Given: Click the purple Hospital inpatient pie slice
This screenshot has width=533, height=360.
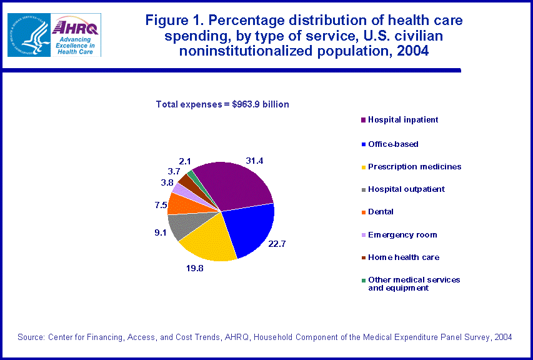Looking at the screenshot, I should (234, 186).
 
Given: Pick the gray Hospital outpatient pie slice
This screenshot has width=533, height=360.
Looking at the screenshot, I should (180, 226).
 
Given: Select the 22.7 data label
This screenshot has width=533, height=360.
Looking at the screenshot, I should (277, 244).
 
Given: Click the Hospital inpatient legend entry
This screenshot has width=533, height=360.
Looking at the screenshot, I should (402, 119).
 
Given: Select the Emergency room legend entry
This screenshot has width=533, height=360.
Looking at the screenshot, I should (402, 234).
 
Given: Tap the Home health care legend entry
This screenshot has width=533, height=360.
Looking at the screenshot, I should (403, 257).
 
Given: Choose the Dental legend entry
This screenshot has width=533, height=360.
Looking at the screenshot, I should (379, 212).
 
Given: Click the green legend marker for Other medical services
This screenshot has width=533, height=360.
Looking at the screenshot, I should (362, 280).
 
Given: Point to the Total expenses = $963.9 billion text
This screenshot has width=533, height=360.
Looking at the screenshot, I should (222, 104).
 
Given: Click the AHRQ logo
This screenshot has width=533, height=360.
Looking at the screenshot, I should (75, 34).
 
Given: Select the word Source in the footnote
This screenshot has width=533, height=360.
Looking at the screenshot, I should (31, 337).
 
